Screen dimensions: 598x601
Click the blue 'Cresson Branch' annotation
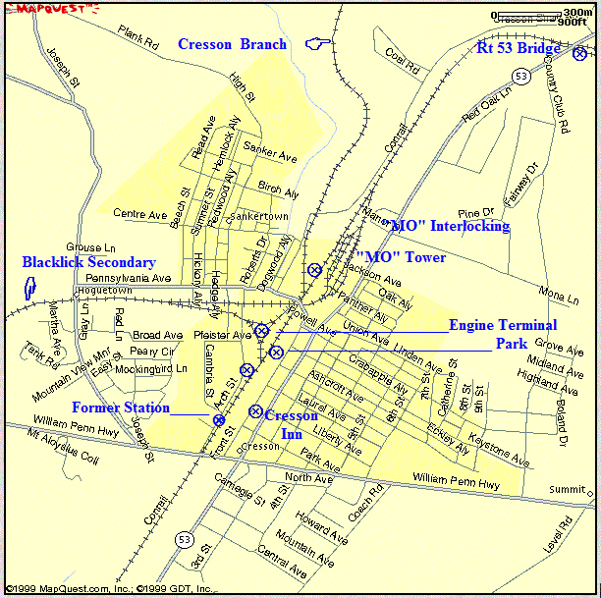[x=232, y=44]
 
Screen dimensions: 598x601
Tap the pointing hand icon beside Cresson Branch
[x=316, y=42]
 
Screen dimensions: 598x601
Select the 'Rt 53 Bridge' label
[x=519, y=48]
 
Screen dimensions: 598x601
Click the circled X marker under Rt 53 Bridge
[x=580, y=53]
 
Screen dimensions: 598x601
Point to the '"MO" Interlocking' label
[x=448, y=227]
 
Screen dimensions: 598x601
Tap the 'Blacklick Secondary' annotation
[x=88, y=262]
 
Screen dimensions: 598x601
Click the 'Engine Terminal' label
[x=503, y=325]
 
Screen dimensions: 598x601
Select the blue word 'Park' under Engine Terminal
[x=511, y=345]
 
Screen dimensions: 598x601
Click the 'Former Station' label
[x=120, y=408]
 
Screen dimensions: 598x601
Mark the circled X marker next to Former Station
[x=218, y=419]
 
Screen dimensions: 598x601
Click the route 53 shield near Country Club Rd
[x=521, y=75]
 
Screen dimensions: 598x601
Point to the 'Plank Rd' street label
[x=137, y=39]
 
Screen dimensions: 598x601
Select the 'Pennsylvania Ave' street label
[x=128, y=279]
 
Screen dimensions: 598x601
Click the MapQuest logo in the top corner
[x=52, y=7]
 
